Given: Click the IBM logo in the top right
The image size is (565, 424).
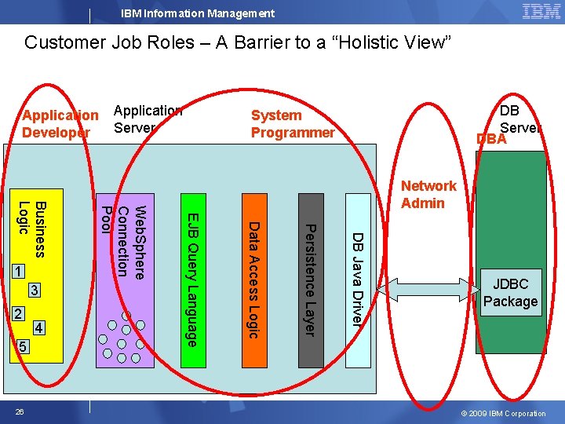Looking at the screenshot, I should coord(541,11).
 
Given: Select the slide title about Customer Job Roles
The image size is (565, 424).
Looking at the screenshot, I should coord(238,42).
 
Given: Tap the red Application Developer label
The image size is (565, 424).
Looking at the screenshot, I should coord(60,124).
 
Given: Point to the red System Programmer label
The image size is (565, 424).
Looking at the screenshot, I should coord(292,124).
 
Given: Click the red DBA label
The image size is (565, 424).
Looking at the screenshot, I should coord(491,139).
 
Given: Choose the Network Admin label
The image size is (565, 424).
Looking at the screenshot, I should coord(428,194).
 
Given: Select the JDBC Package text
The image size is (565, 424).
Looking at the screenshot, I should coord(510,292).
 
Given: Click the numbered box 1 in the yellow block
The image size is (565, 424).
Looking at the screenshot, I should coord(17,272).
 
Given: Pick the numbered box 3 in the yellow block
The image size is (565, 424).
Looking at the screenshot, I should coord(34,291).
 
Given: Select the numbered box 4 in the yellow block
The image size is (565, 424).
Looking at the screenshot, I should coord(40,327).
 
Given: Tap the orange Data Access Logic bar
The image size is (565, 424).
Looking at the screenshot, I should coord(253,279).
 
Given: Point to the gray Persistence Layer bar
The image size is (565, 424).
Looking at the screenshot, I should coord(310,279).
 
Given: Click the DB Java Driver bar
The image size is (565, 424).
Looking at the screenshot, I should coord(357,279).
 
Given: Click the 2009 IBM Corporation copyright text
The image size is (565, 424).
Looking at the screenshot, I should coord(504,413).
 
